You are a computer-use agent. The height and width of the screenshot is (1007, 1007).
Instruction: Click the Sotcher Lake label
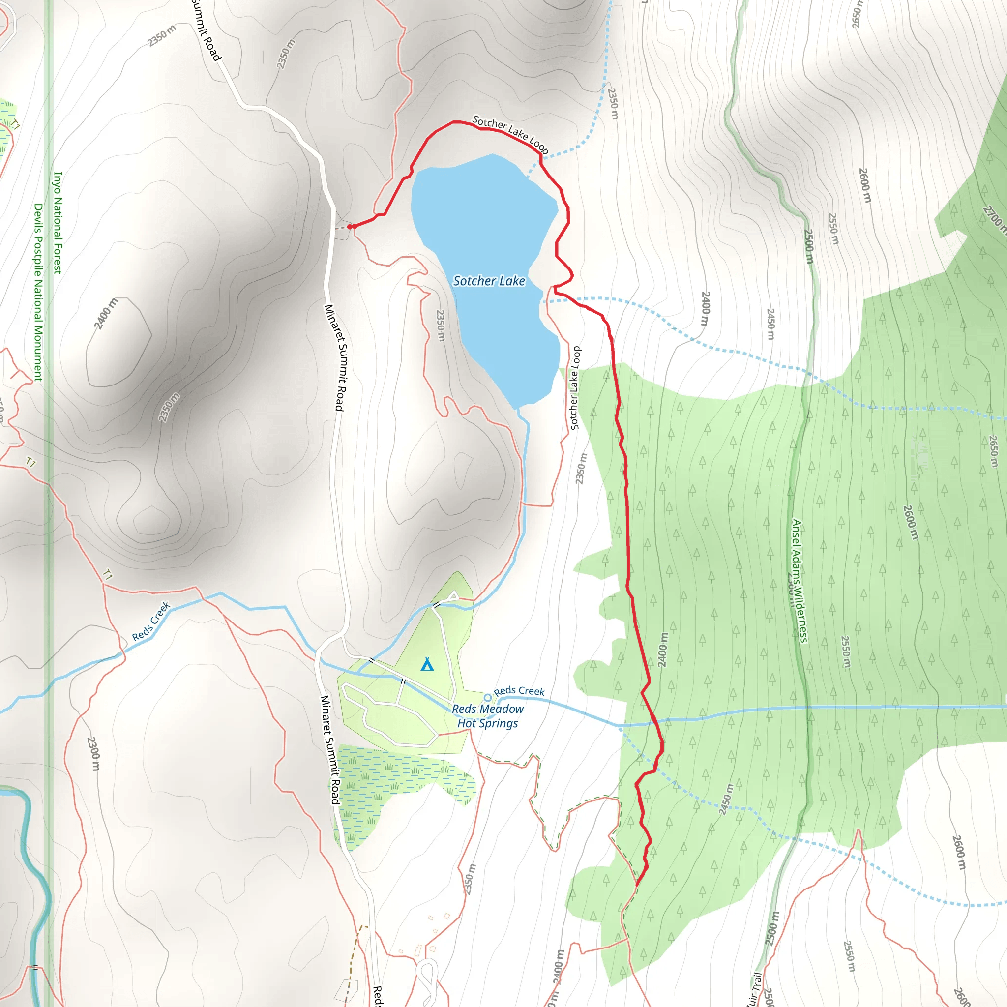(489, 281)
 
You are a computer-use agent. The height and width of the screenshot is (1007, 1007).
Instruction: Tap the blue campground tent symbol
(427, 664)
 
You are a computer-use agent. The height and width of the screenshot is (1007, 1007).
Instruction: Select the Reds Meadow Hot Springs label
(487, 716)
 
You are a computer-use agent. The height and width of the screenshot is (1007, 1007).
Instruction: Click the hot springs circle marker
(488, 697)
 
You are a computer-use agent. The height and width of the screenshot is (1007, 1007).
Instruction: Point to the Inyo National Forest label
(58, 223)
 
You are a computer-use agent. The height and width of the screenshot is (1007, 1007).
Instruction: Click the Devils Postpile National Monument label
(38, 292)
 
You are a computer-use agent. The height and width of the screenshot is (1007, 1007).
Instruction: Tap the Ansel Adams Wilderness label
(799, 581)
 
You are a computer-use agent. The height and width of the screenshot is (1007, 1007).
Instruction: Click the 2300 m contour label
(93, 753)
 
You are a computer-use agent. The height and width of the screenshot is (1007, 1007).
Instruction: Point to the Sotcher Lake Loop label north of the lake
(510, 134)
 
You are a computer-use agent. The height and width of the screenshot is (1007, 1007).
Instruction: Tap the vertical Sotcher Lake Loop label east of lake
(575, 388)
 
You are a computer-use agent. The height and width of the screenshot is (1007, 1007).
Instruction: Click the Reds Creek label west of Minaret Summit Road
(151, 622)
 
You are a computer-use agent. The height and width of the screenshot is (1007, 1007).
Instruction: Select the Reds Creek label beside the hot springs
(519, 691)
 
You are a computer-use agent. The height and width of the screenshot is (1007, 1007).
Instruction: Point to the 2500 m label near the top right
(808, 246)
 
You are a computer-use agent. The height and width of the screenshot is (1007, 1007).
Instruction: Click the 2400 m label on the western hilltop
(106, 314)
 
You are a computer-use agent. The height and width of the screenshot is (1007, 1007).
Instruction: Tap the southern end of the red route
(637, 884)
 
